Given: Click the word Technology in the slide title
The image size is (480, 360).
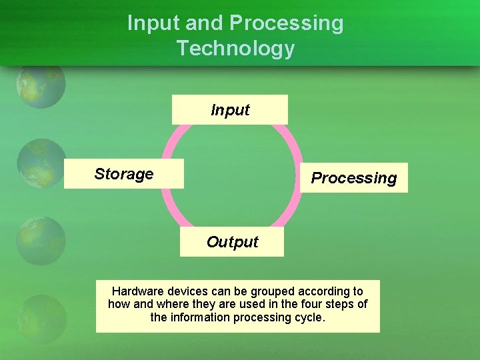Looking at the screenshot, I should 235,49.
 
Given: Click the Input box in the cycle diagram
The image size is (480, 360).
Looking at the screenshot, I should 230,110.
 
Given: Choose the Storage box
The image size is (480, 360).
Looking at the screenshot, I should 124,174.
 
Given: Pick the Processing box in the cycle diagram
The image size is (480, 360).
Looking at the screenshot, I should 353,178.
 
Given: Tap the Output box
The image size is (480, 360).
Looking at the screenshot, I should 232,242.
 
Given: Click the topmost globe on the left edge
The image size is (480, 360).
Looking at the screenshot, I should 41,85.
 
